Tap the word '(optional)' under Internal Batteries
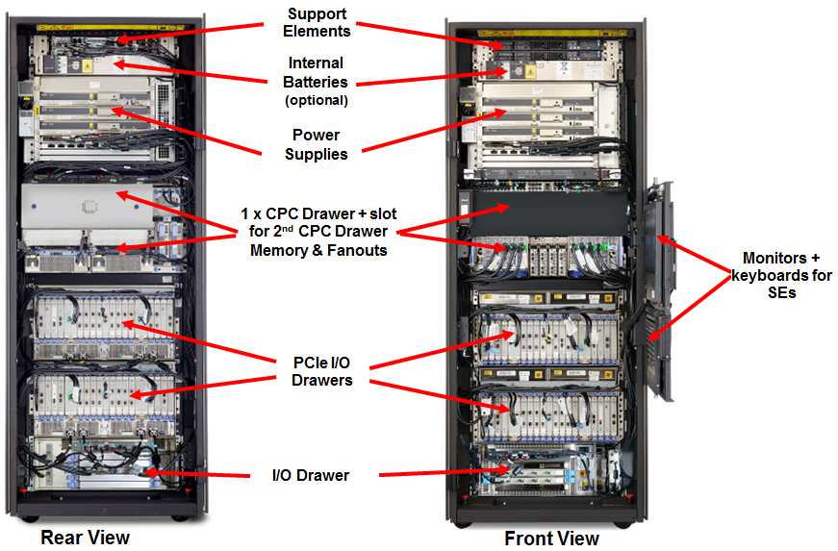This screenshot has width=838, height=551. click(x=316, y=99)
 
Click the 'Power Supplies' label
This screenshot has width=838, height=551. click(x=316, y=144)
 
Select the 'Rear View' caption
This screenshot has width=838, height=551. click(x=85, y=537)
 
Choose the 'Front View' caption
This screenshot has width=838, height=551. click(x=551, y=538)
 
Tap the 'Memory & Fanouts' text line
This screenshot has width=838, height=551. click(x=316, y=251)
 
